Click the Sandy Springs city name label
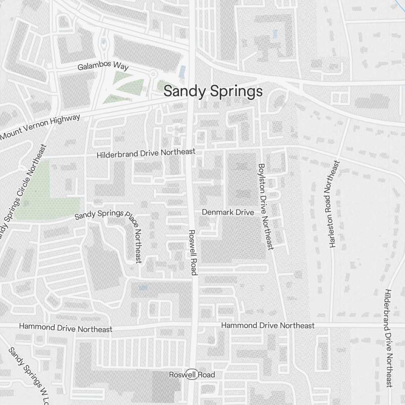213,92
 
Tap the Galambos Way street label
103,66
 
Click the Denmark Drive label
228,212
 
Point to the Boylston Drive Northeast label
266,206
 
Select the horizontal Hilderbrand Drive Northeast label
146,153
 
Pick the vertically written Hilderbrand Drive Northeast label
389,338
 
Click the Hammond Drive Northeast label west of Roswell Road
66,328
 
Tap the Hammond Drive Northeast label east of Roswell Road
268,325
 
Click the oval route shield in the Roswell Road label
190,375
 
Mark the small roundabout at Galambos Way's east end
153,74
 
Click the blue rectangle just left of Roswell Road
183,72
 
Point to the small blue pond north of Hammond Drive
143,288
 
